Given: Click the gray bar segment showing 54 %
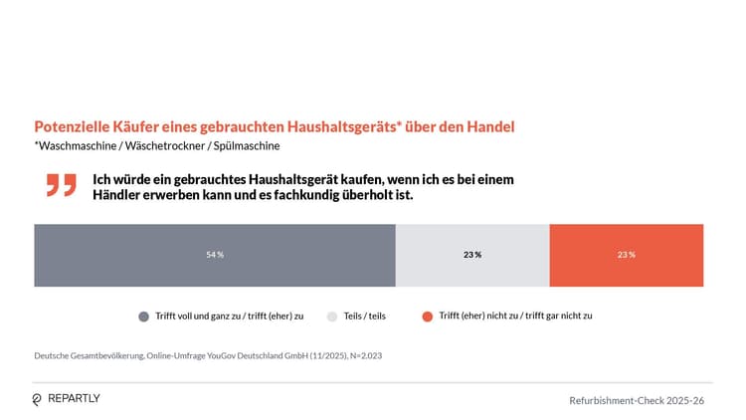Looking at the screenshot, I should [215, 255].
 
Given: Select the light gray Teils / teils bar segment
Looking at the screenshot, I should [472, 269].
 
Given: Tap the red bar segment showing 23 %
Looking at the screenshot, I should [626, 269].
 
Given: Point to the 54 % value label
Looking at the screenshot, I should [215, 255].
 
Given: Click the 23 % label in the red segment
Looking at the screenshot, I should [626, 255].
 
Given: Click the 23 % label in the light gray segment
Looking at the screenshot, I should [472, 255].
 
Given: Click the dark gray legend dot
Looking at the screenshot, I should [144, 315].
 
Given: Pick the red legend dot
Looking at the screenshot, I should [427, 315].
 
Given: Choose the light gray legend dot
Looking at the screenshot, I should [332, 315].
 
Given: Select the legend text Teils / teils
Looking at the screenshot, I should [365, 315].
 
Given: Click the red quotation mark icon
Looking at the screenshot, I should [62, 185].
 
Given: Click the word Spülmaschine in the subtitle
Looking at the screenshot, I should [248, 146].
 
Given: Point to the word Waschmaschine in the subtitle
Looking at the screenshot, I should [73, 146].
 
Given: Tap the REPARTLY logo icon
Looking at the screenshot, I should [37, 399].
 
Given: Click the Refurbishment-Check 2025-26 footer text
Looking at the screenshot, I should [637, 400].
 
